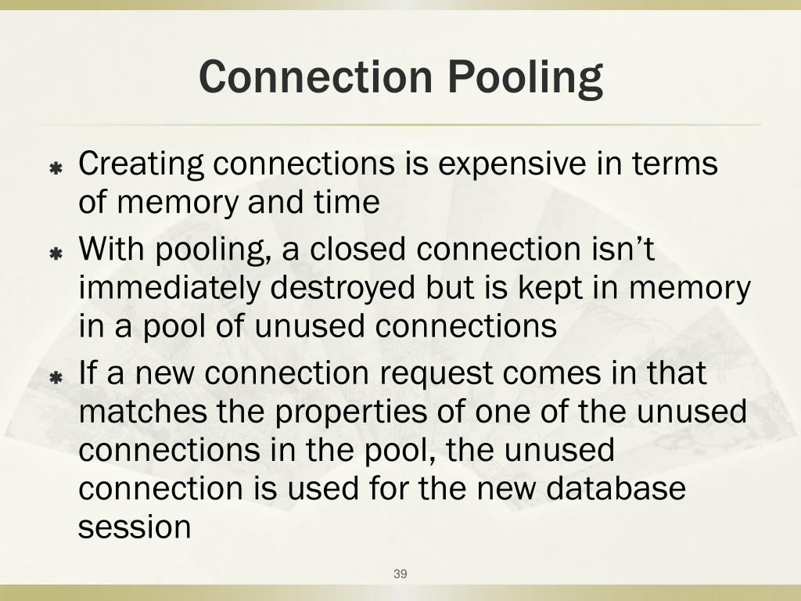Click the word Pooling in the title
(x=526, y=78)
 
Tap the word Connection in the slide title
(x=315, y=77)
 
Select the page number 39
(x=400, y=574)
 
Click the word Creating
(x=142, y=165)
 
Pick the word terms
(x=675, y=164)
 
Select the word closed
(x=359, y=250)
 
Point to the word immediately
(x=171, y=289)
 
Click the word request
(x=437, y=374)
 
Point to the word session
(x=135, y=527)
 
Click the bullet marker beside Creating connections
(x=56, y=168)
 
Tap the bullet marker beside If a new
(x=56, y=378)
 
